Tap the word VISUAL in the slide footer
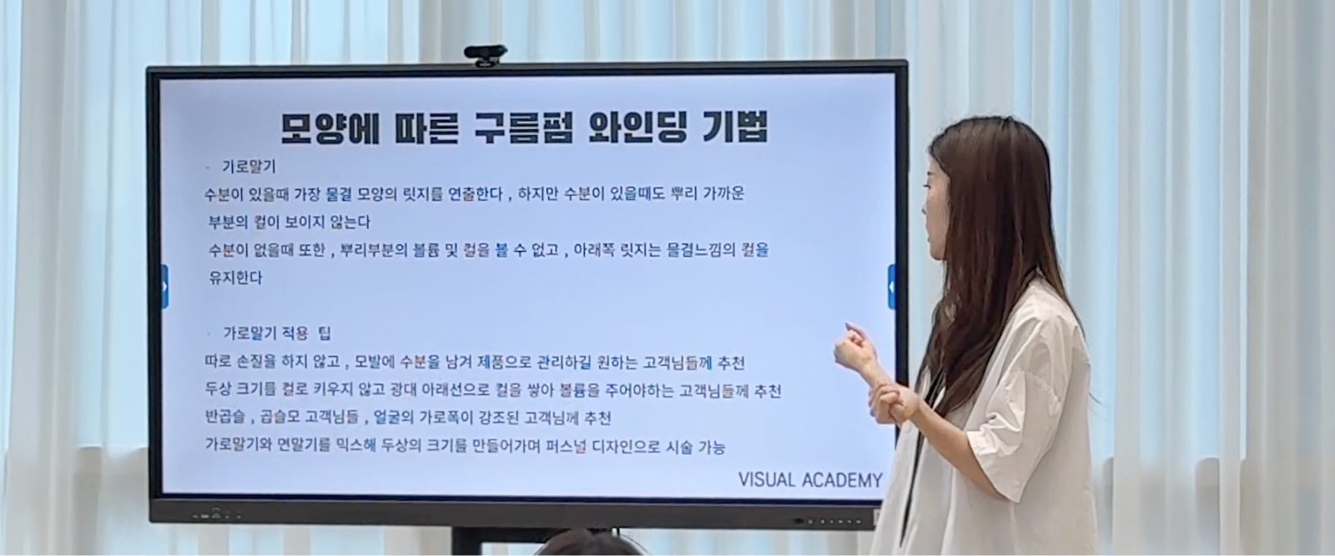point(767,480)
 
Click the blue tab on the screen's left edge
point(164,287)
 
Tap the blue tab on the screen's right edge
point(891,287)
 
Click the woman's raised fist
point(853,342)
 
